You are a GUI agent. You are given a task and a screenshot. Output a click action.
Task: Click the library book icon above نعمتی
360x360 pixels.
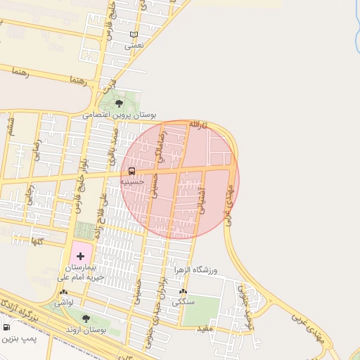pos(134,34)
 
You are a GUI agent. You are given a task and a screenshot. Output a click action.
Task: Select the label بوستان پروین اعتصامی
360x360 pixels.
pos(120,114)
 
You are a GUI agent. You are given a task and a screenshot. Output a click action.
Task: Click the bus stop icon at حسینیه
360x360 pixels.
pos(131,171)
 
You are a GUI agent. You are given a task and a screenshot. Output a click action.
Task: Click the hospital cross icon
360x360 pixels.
pos(79,255)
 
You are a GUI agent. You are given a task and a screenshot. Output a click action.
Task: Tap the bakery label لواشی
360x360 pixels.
pos(64,302)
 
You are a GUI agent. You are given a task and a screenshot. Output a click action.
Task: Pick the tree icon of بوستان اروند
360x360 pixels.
pos(86,319)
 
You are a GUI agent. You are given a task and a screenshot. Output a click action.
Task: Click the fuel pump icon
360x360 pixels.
pos(6,327)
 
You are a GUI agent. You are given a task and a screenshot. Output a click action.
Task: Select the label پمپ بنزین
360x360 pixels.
pos(18,339)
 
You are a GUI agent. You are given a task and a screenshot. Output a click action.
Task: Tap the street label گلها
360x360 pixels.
pos(37,241)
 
